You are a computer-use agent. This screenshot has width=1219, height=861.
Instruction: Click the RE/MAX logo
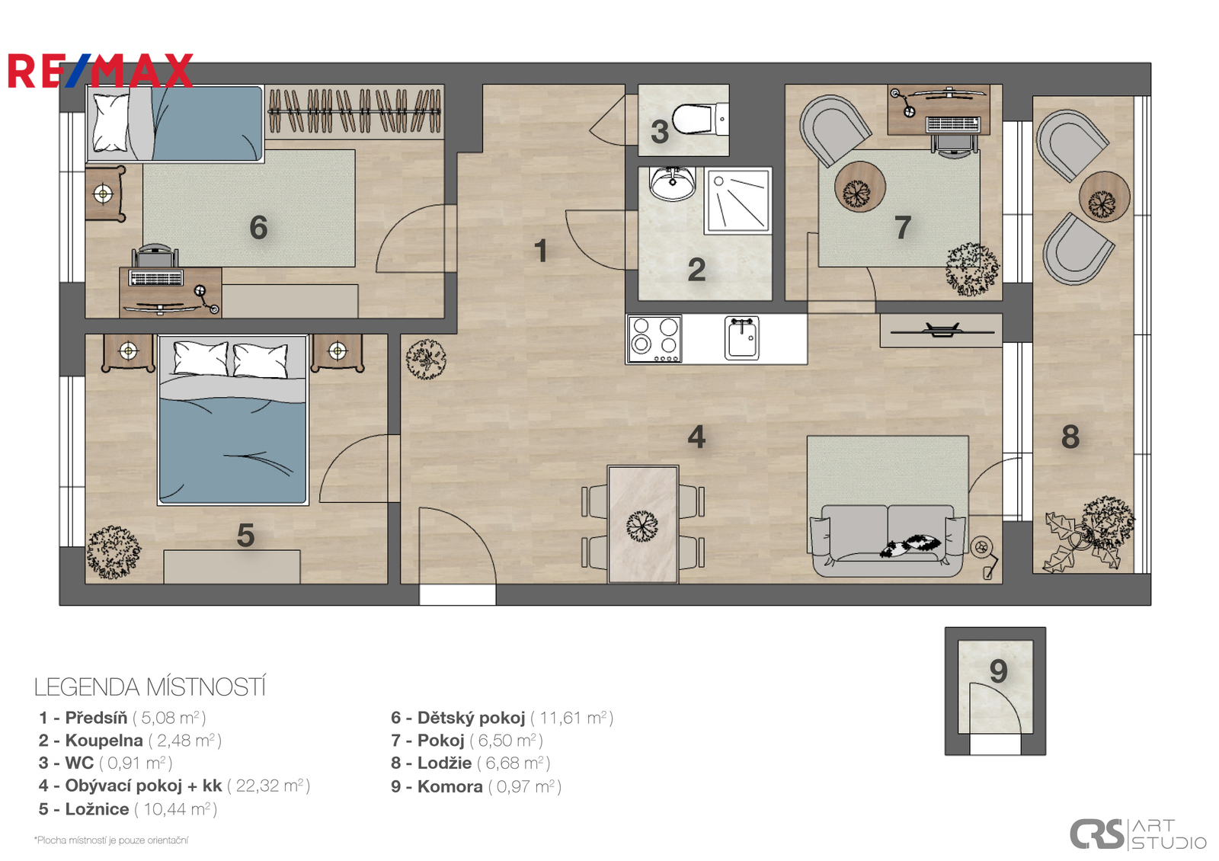[x=100, y=70]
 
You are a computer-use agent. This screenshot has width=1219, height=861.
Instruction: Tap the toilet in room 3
[x=700, y=119]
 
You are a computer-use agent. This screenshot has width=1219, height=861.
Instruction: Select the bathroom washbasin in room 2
[x=672, y=184]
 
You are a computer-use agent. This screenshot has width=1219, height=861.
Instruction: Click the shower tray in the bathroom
[x=738, y=201]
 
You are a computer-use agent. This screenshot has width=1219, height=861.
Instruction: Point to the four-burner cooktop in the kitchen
[x=654, y=338]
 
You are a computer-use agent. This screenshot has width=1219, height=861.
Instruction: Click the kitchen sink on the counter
[x=742, y=338]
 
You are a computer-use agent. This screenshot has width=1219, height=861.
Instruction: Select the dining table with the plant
[x=643, y=524]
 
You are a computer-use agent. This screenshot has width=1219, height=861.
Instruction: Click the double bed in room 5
[x=233, y=420]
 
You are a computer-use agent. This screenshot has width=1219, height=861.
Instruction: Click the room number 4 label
[x=696, y=437]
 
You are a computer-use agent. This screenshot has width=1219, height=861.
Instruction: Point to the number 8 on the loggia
[x=1070, y=437]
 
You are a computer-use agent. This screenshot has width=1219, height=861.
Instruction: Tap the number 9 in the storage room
[x=999, y=671]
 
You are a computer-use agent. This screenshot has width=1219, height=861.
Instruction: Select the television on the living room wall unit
[x=942, y=330]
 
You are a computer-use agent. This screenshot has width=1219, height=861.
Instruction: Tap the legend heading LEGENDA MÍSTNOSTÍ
[x=150, y=687]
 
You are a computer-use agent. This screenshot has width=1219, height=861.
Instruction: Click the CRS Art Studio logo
[x=1138, y=834]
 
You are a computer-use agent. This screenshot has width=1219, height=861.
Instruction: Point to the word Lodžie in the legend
[x=444, y=763]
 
